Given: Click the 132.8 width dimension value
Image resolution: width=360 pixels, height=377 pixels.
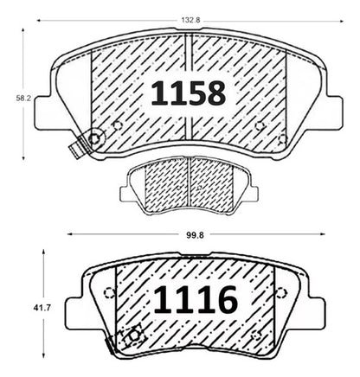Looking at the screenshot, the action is pyautogui.click(x=190, y=21).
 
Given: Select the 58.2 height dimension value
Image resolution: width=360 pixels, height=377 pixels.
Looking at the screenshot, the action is pyautogui.click(x=23, y=99).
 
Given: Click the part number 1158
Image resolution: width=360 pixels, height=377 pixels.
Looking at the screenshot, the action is pyautogui.click(x=189, y=93).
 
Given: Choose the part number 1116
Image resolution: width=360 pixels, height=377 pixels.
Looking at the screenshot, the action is pyautogui.click(x=196, y=299).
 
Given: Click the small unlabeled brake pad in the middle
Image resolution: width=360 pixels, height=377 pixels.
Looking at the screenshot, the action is pyautogui.click(x=189, y=186).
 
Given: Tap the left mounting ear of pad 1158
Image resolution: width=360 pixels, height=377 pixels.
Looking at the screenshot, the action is pyautogui.click(x=44, y=113).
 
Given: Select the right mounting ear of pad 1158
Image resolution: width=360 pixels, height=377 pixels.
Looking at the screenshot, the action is pyautogui.click(x=335, y=113).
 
